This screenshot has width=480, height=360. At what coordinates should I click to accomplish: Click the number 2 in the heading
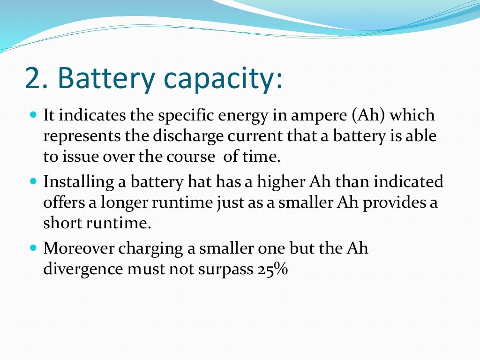[x=33, y=79]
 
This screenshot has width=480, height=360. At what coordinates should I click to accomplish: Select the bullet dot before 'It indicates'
[x=33, y=114]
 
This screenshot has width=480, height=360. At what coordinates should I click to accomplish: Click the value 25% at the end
[x=272, y=270]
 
